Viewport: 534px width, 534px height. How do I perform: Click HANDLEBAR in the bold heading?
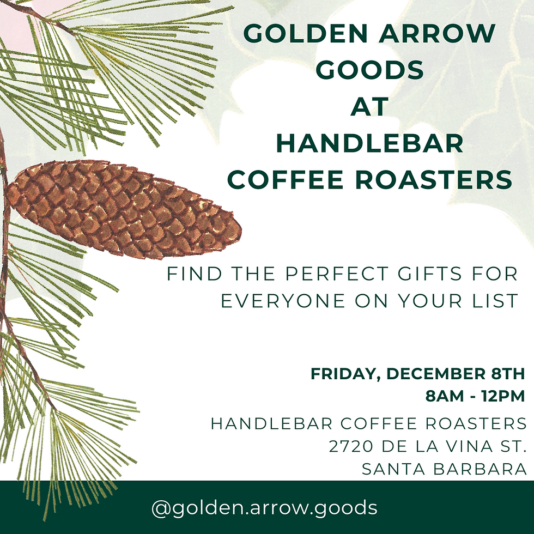point(369,143)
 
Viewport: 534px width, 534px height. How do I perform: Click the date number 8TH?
point(505,375)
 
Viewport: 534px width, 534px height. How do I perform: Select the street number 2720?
point(351,447)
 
